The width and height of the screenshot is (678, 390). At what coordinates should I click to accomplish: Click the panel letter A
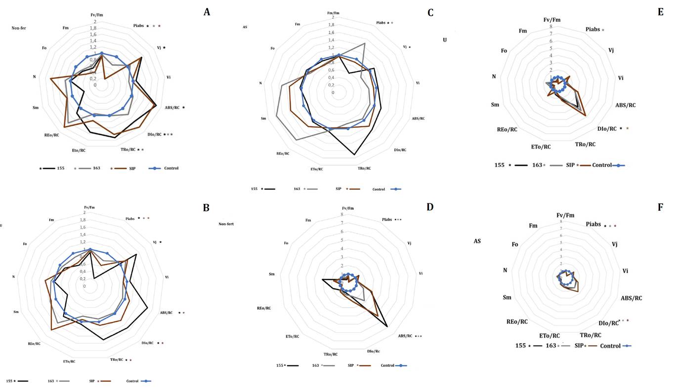[x=208, y=12]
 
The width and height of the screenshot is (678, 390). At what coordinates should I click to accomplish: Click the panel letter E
[x=660, y=12]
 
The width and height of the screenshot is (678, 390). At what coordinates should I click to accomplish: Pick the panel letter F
[x=660, y=208]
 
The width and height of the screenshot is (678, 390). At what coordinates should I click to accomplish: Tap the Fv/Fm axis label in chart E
[x=553, y=20]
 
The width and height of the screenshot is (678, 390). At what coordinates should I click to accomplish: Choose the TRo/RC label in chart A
[x=129, y=149]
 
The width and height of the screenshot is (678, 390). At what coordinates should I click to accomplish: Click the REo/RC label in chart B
[x=34, y=344]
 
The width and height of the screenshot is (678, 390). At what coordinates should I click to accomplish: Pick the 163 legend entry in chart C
[x=297, y=189]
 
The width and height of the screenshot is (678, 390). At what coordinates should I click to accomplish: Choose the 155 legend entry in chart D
[x=280, y=365]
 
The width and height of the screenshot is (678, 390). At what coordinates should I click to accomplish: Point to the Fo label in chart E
[x=504, y=51]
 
